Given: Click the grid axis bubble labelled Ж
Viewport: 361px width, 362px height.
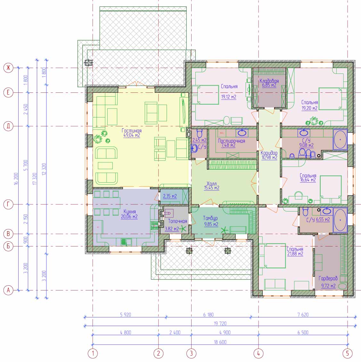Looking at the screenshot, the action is click(8, 68).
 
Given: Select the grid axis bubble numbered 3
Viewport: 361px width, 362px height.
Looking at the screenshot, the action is click(191, 353).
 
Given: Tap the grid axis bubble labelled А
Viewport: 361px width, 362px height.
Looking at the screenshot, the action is click(8, 290).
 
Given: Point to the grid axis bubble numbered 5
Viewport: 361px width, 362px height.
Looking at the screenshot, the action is click(348, 353).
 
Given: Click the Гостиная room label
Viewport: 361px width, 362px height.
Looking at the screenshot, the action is click(132, 131).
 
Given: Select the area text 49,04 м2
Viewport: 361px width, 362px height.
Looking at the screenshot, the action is click(132, 135).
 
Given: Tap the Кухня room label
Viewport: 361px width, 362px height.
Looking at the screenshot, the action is click(129, 211).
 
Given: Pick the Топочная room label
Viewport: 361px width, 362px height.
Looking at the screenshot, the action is click(177, 221).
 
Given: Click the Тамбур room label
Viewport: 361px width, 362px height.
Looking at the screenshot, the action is click(210, 218).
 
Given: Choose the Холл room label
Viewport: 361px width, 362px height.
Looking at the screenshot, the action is click(211, 184).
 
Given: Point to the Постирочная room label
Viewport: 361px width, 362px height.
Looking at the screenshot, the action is click(231, 141).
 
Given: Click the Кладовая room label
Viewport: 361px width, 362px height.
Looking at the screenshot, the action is click(269, 81).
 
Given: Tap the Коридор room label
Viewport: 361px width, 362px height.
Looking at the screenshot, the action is click(269, 153).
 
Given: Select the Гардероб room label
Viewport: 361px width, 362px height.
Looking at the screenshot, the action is click(328, 279).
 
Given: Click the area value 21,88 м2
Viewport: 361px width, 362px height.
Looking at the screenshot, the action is click(295, 254).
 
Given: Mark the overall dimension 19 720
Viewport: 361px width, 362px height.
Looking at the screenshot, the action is click(220, 323).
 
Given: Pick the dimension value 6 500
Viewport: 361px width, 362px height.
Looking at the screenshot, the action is click(303, 332).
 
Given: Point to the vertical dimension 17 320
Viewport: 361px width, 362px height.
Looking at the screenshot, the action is click(35, 179).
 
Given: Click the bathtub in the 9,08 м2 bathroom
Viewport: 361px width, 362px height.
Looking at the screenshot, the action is click(340, 140).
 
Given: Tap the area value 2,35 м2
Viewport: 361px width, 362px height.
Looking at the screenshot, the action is click(170, 196).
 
